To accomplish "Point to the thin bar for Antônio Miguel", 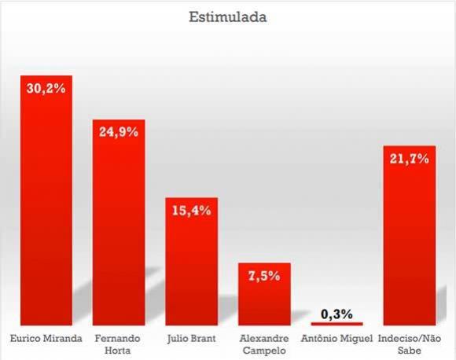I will pyautogui.click(x=336, y=323).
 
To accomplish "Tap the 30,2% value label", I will pyautogui.click(x=46, y=89).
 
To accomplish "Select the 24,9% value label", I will pyautogui.click(x=119, y=132).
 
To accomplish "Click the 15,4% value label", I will pyautogui.click(x=191, y=211).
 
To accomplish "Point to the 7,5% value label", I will pyautogui.click(x=264, y=276).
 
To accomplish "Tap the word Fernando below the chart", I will pyautogui.click(x=119, y=336).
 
